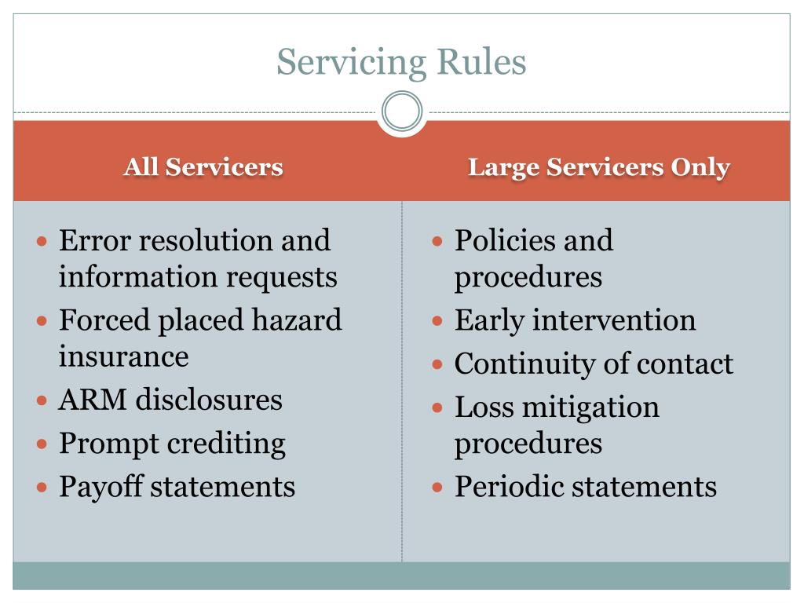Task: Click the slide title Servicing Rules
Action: click(401, 62)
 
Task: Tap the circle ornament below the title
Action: click(402, 111)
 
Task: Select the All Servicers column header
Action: click(203, 167)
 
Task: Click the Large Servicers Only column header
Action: click(599, 167)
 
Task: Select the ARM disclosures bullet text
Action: click(170, 400)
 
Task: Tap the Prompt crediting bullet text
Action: click(172, 444)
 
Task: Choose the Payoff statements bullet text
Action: click(177, 487)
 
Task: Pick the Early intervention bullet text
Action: click(575, 320)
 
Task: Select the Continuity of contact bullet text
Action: click(594, 364)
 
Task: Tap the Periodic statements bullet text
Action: click(586, 487)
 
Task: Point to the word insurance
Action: click(124, 356)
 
